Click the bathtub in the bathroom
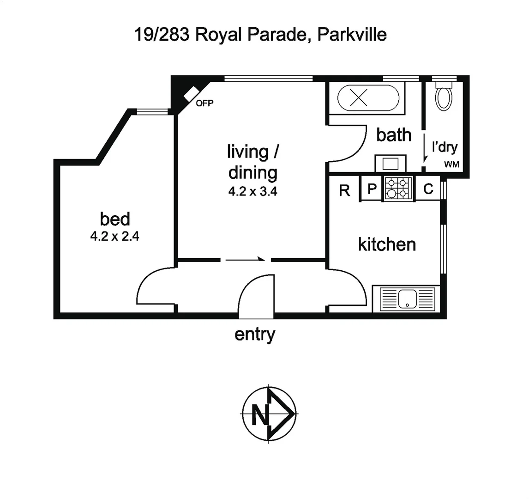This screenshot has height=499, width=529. coord(367,98)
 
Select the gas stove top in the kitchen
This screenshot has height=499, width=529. coord(398,189)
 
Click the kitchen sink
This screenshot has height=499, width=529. coord(407,298)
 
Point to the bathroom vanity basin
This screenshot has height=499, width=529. coord(391,164)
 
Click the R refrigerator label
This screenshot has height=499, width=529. coord(344,190)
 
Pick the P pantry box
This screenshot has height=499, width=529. coord(372,189)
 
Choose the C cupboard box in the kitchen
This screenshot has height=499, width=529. coord(428,189)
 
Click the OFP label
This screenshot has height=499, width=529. coord(204,103)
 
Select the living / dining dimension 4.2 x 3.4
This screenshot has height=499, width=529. coord(252,192)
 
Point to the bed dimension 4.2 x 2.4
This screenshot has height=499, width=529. coord(115,237)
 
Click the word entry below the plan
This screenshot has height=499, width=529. coord(255,334)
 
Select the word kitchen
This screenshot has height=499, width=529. coord(387,244)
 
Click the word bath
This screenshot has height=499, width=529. coord(394,135)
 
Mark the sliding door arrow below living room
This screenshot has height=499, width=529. coord(245,260)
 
